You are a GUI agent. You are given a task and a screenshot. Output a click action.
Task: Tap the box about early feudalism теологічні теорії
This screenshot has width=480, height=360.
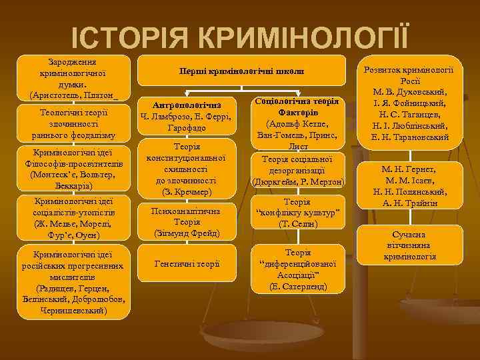point(73,125)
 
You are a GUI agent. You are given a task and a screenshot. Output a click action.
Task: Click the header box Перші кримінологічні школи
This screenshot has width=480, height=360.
point(242,71)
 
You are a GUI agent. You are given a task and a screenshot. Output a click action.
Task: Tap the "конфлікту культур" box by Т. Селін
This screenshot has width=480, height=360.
point(298,213)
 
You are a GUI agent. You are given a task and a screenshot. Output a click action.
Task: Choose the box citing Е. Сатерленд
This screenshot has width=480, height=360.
point(298,270)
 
